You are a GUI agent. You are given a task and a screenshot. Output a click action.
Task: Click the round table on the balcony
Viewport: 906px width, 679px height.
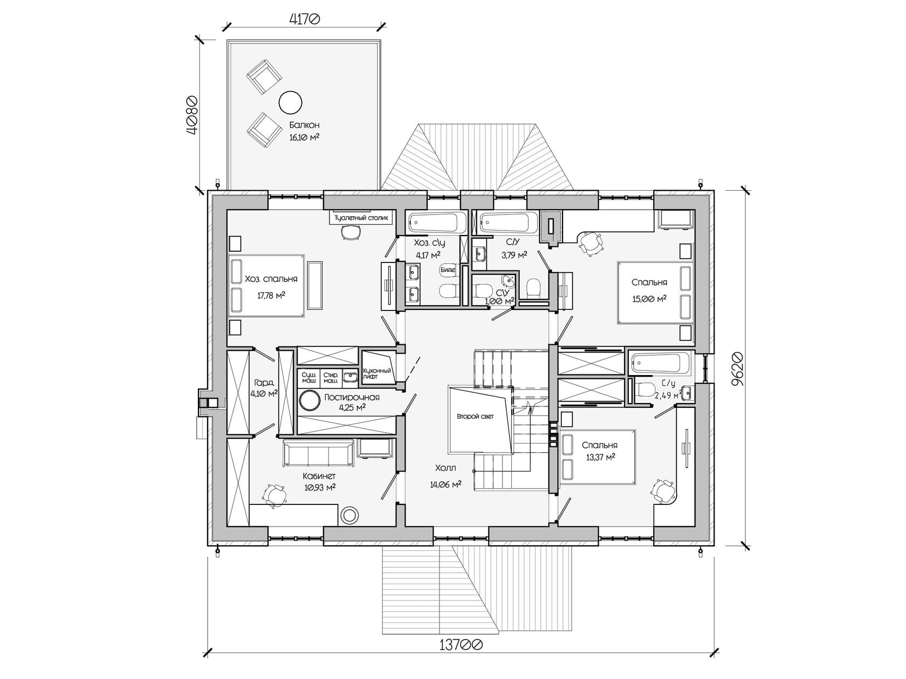[290, 102]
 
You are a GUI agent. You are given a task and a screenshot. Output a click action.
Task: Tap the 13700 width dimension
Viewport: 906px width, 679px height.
[461, 645]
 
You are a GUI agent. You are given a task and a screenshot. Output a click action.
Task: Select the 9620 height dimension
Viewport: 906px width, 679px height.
[737, 369]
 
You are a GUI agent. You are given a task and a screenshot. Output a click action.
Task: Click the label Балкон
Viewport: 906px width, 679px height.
[304, 124]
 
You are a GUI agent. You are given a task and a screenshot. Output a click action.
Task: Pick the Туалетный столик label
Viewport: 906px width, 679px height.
[361, 218]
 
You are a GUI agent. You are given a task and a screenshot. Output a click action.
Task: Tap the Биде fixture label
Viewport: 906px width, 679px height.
[448, 269]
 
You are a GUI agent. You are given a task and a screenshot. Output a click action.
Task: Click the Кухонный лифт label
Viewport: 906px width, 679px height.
[376, 373]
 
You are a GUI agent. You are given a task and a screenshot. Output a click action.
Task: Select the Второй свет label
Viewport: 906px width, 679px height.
[475, 417]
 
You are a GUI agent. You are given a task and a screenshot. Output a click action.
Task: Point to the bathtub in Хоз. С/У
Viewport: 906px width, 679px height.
[437, 222]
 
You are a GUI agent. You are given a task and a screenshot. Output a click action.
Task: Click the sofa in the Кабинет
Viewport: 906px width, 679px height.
[319, 453]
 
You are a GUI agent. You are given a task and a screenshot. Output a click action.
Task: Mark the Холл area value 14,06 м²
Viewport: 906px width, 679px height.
[445, 484]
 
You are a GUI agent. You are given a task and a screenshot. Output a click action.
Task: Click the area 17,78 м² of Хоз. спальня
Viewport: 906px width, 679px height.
[271, 295]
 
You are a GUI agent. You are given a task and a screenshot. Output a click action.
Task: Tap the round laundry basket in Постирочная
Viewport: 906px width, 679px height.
[309, 401]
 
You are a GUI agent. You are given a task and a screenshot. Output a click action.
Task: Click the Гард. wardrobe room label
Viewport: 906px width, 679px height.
[264, 382]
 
